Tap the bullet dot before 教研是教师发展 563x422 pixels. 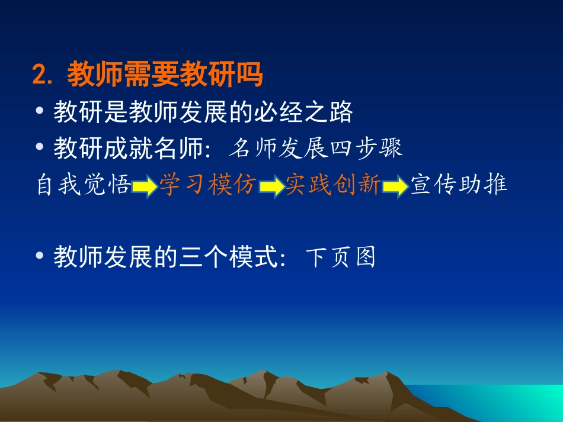coord(40,111)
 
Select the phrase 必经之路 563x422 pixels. coord(303,112)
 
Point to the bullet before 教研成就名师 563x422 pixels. coord(40,146)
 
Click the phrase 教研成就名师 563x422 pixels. coord(128,148)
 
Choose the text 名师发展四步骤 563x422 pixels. coord(315,148)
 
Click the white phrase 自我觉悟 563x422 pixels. coord(84,184)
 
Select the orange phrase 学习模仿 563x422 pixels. coord(208,184)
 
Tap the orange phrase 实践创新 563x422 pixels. coord(333,184)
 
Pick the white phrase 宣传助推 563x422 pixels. coord(459,184)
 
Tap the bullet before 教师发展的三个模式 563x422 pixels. coord(40,256)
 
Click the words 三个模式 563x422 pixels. coord(228,257)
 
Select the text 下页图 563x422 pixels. coord(340,257)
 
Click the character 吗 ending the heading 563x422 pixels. coord(249,74)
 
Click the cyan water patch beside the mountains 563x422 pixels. coord(503,401)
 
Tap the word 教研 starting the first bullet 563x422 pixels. coord(78,112)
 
